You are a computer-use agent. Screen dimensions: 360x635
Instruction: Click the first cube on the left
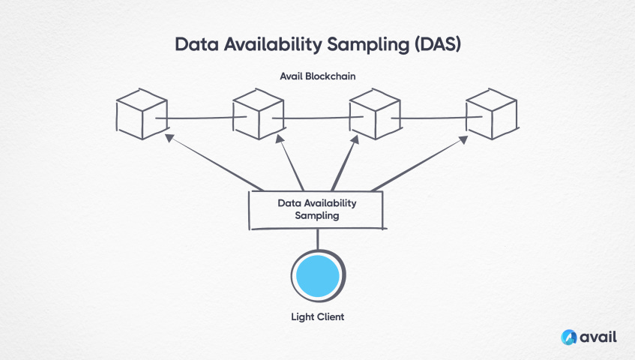click(x=142, y=115)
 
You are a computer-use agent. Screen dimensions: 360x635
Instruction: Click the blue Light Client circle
click(x=317, y=275)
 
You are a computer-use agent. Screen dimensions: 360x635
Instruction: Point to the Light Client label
click(x=317, y=317)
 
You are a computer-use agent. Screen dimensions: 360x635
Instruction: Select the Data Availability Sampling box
click(x=317, y=209)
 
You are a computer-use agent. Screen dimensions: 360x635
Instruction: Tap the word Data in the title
click(x=193, y=43)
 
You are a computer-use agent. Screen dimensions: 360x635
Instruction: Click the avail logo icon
click(x=569, y=337)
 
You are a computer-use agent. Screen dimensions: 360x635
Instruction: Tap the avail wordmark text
click(x=598, y=337)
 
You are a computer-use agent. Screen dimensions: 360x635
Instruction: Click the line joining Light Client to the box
click(x=317, y=239)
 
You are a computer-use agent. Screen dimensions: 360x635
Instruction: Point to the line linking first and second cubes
click(x=199, y=118)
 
